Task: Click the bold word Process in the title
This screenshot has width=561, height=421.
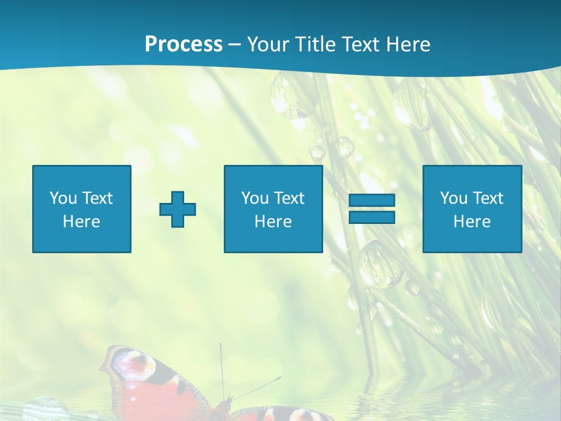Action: (x=183, y=44)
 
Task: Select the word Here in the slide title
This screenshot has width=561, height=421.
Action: (x=407, y=44)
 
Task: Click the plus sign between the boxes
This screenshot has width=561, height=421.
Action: (x=178, y=209)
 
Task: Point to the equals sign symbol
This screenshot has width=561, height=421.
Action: (x=372, y=209)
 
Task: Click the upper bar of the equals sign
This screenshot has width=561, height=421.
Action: (x=372, y=201)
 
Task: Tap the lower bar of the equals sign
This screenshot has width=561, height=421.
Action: (x=372, y=217)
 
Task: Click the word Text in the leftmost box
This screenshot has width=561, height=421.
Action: (x=97, y=198)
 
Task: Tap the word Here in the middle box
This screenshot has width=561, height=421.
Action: (x=273, y=222)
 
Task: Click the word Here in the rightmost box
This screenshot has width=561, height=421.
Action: (x=472, y=222)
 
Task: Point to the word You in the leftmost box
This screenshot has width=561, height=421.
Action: (x=63, y=198)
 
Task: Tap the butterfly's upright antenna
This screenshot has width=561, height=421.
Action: (x=221, y=368)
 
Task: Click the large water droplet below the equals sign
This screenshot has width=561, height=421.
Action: (x=380, y=264)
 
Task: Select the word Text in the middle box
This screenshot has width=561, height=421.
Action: (x=289, y=198)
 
